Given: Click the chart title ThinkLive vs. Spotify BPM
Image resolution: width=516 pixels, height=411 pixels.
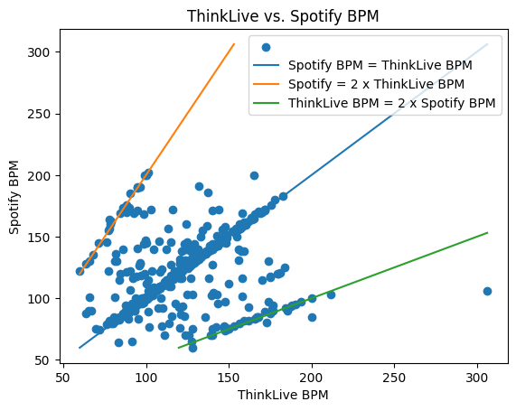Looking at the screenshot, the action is (x=283, y=15).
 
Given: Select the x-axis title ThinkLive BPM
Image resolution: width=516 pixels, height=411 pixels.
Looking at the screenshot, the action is (x=283, y=395).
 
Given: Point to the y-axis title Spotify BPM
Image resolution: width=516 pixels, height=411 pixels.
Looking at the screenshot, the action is (x=14, y=197).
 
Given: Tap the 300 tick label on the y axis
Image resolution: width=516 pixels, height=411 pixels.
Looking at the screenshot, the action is (x=39, y=52).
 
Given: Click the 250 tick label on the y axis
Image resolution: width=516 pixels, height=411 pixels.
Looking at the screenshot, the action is (x=39, y=114).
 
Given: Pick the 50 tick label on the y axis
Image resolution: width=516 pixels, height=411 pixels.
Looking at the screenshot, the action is (x=42, y=360).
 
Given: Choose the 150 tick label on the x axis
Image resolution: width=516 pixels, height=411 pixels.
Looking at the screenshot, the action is (x=229, y=378).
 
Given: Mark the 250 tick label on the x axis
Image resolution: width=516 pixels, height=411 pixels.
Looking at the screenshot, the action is (x=394, y=378).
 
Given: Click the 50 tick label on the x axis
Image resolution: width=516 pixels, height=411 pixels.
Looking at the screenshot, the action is (x=63, y=378).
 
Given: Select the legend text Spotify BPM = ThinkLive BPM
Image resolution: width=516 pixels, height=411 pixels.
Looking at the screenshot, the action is (x=380, y=65).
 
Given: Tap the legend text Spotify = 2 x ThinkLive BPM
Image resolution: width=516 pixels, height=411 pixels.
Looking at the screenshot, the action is (x=376, y=84).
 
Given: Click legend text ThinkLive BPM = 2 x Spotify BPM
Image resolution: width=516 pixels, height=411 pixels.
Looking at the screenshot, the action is (x=391, y=103).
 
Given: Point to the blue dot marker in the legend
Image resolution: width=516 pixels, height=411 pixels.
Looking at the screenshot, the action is (x=267, y=47).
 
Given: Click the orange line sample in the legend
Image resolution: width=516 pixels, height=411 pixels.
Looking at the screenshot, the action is (x=267, y=84).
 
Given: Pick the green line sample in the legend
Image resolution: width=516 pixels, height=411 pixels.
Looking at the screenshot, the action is (x=267, y=103).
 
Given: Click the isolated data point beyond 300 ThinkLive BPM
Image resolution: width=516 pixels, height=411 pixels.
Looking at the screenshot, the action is (x=487, y=291).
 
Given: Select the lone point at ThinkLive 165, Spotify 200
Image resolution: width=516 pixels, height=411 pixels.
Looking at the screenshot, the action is (x=254, y=176).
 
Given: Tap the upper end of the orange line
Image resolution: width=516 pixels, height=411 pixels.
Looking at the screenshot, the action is (x=234, y=43).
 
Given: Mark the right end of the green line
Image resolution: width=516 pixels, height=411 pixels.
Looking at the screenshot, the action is (x=487, y=233).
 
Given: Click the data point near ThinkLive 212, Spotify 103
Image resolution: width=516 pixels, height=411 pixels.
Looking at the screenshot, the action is (x=331, y=294).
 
